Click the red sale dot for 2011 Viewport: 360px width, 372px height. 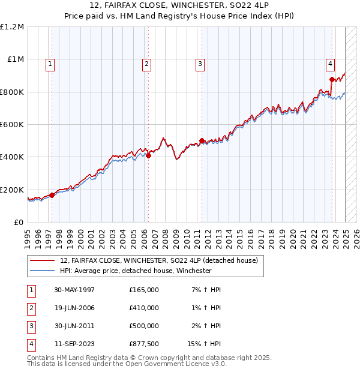click(202, 141)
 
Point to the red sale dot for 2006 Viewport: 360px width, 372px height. click(148, 155)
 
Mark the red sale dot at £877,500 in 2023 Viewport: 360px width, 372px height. click(332, 79)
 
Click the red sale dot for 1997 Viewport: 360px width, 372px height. click(52, 195)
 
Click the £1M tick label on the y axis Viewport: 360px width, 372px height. click(16, 59)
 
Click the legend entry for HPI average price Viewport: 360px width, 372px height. click(135, 271)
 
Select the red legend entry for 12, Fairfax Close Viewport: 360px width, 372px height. click(158, 260)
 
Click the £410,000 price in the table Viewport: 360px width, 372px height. click(144, 307)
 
